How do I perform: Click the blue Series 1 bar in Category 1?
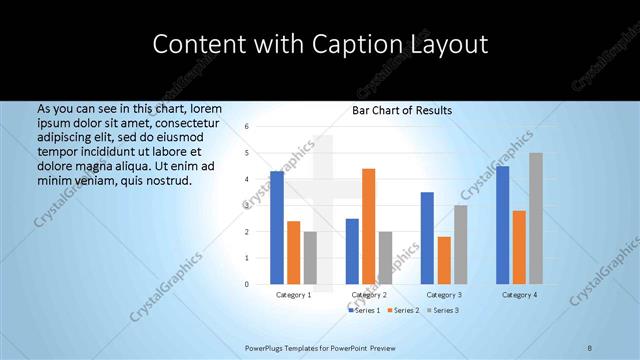click(277, 228)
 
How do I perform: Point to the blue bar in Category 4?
click(502, 225)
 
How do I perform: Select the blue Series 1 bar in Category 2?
click(352, 251)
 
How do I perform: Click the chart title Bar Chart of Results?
click(402, 110)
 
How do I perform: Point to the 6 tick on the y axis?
click(246, 127)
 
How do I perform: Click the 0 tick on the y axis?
click(246, 284)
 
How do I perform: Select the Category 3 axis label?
click(444, 295)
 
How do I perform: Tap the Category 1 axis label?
click(294, 295)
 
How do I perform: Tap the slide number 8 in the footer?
click(590, 347)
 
